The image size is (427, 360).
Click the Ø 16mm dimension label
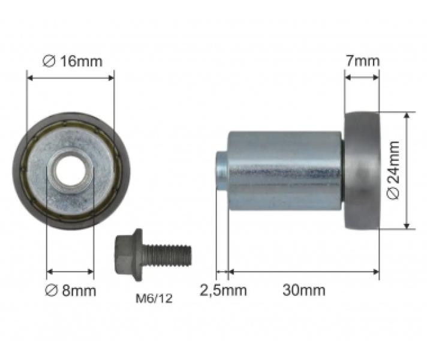(73, 61)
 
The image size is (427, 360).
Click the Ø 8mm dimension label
(71, 290)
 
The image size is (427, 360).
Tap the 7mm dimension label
(362, 61)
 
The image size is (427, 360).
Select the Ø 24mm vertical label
(393, 170)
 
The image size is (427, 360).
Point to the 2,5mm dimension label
(223, 290)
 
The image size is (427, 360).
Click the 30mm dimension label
(304, 290)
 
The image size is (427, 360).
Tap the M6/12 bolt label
(154, 298)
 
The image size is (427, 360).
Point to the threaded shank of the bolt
(167, 256)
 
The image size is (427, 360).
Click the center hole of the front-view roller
(70, 171)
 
